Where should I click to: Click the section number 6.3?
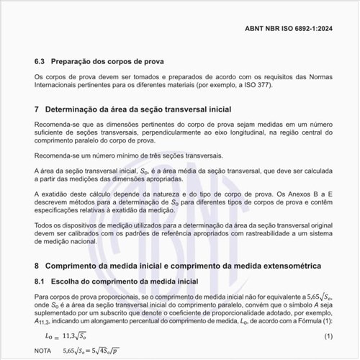[41, 61]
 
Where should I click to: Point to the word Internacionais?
[61, 85]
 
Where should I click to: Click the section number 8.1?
[41, 280]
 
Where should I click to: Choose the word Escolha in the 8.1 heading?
[68, 280]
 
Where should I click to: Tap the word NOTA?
[43, 351]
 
